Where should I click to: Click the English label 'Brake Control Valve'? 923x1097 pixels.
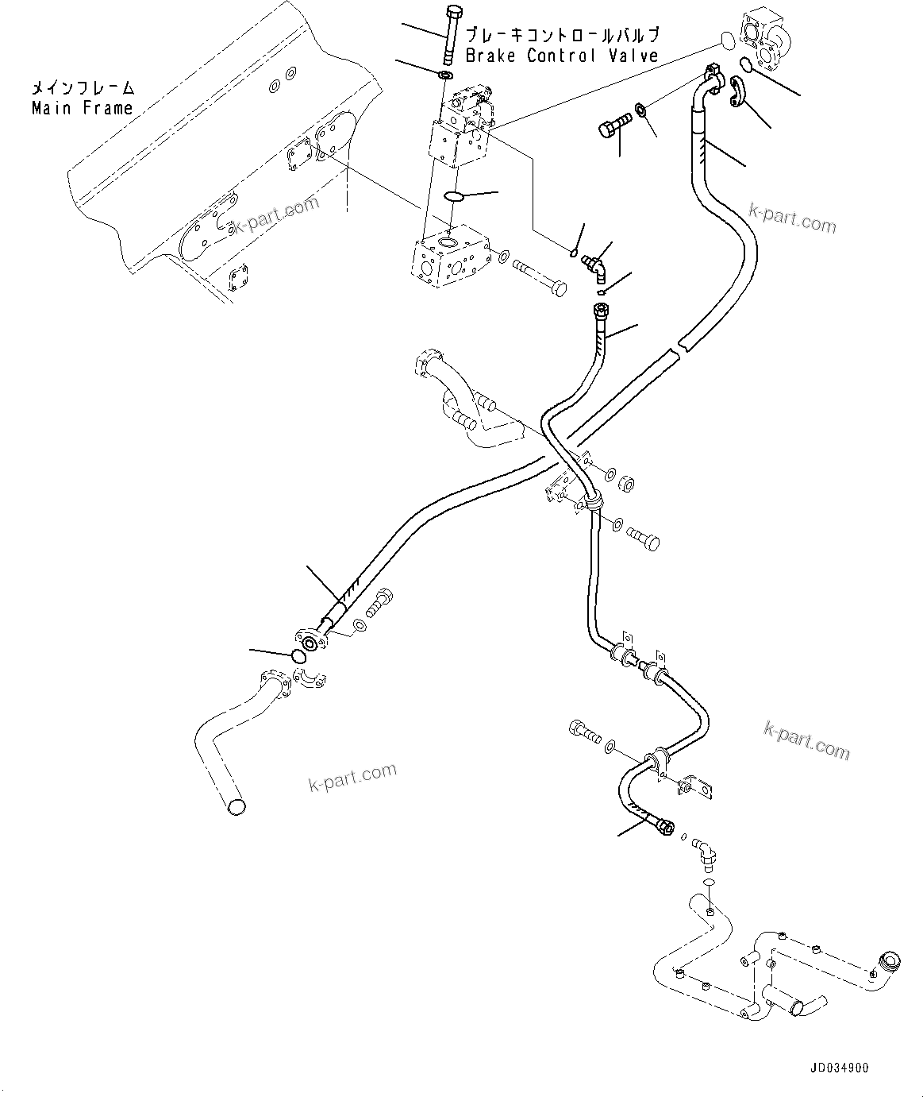pyautogui.click(x=561, y=56)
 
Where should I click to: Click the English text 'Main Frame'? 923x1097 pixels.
pyautogui.click(x=82, y=108)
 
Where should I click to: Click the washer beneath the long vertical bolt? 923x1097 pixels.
pyautogui.click(x=445, y=75)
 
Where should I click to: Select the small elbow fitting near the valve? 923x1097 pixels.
pyautogui.click(x=594, y=266)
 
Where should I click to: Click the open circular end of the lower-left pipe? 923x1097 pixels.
pyautogui.click(x=236, y=807)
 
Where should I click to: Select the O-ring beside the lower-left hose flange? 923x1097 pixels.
pyautogui.click(x=298, y=656)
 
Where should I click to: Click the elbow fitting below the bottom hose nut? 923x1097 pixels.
pyautogui.click(x=704, y=852)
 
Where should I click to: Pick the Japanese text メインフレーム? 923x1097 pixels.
pyautogui.click(x=82, y=87)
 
